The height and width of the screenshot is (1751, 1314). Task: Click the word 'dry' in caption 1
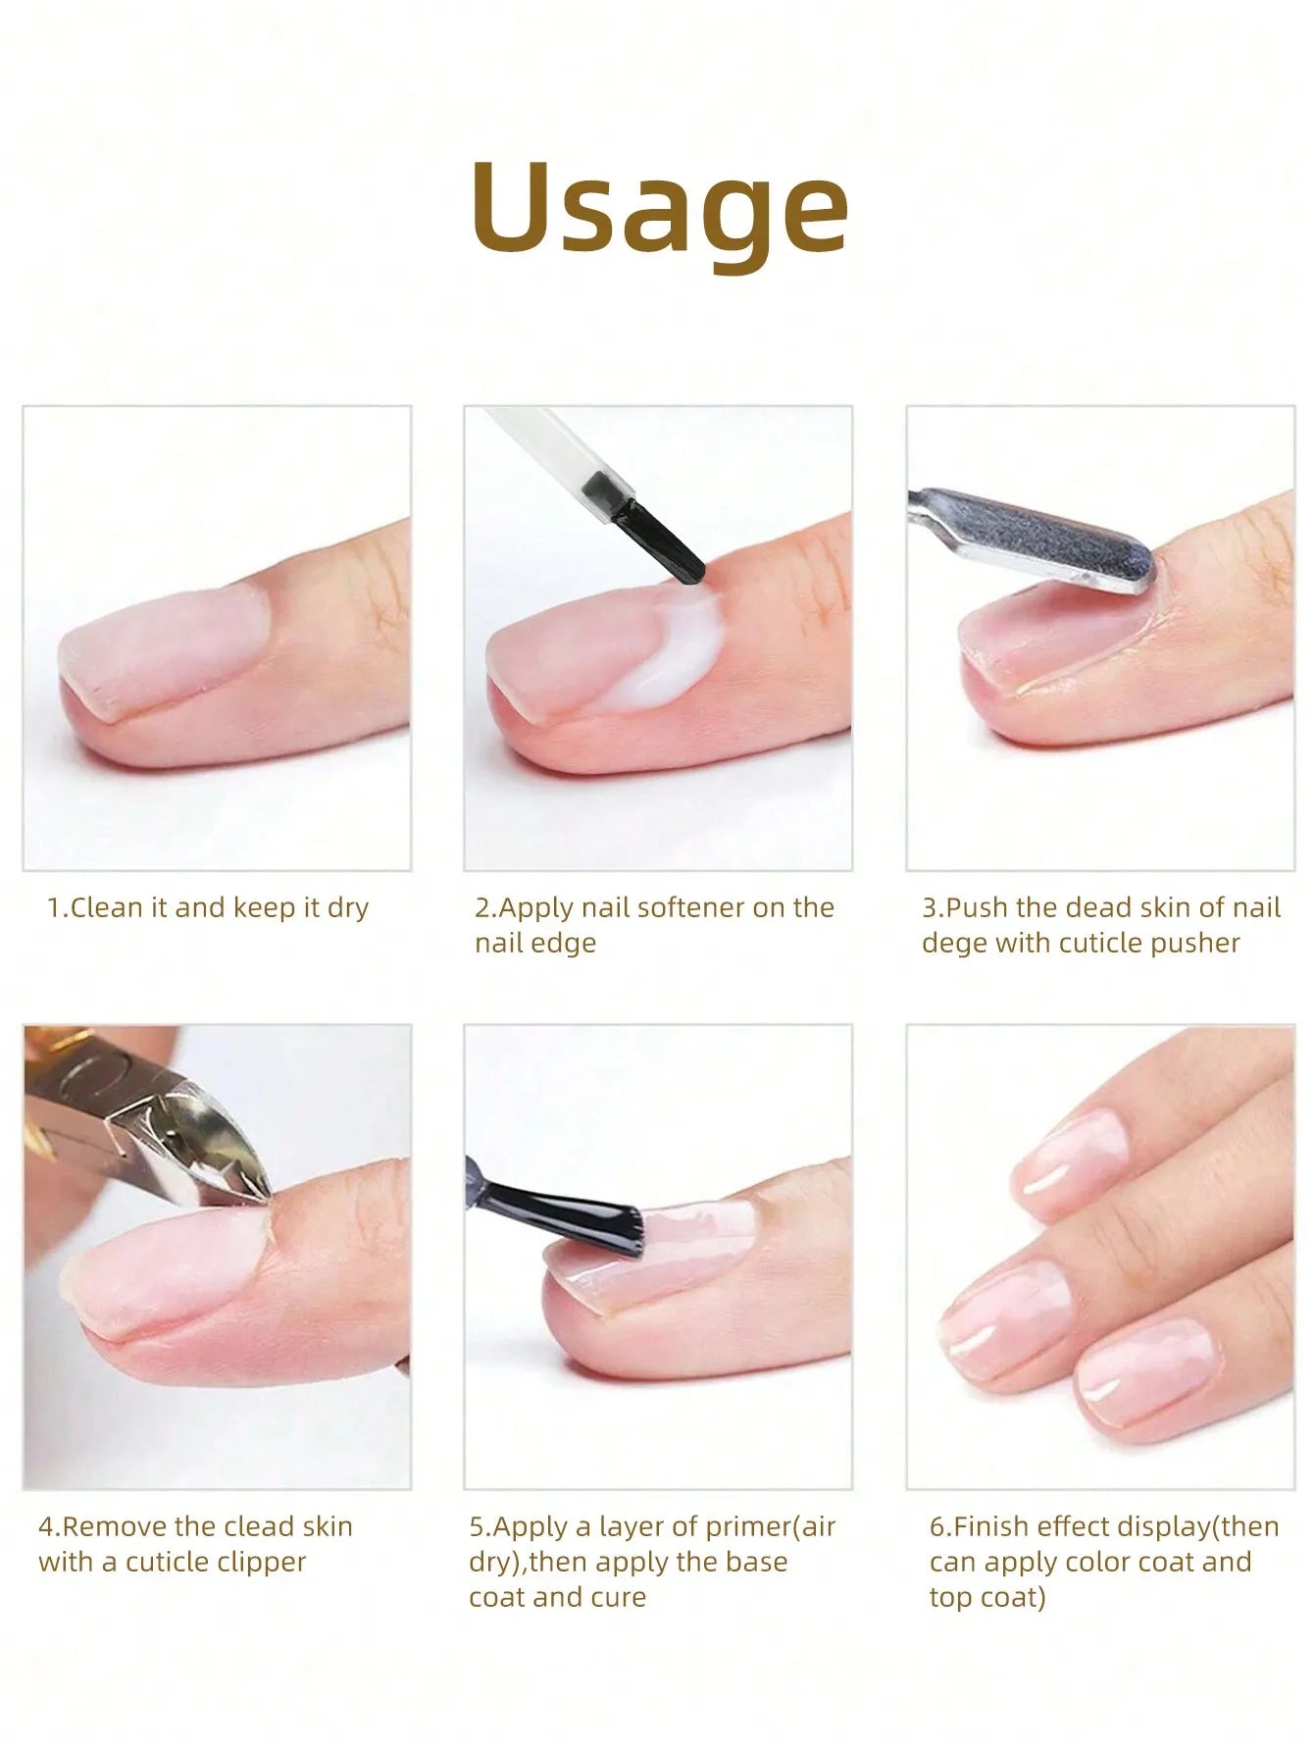tap(347, 907)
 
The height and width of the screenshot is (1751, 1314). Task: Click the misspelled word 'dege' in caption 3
tap(953, 944)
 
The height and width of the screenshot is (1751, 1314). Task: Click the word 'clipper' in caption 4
tap(261, 1562)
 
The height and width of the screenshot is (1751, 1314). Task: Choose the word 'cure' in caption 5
tap(618, 1597)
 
